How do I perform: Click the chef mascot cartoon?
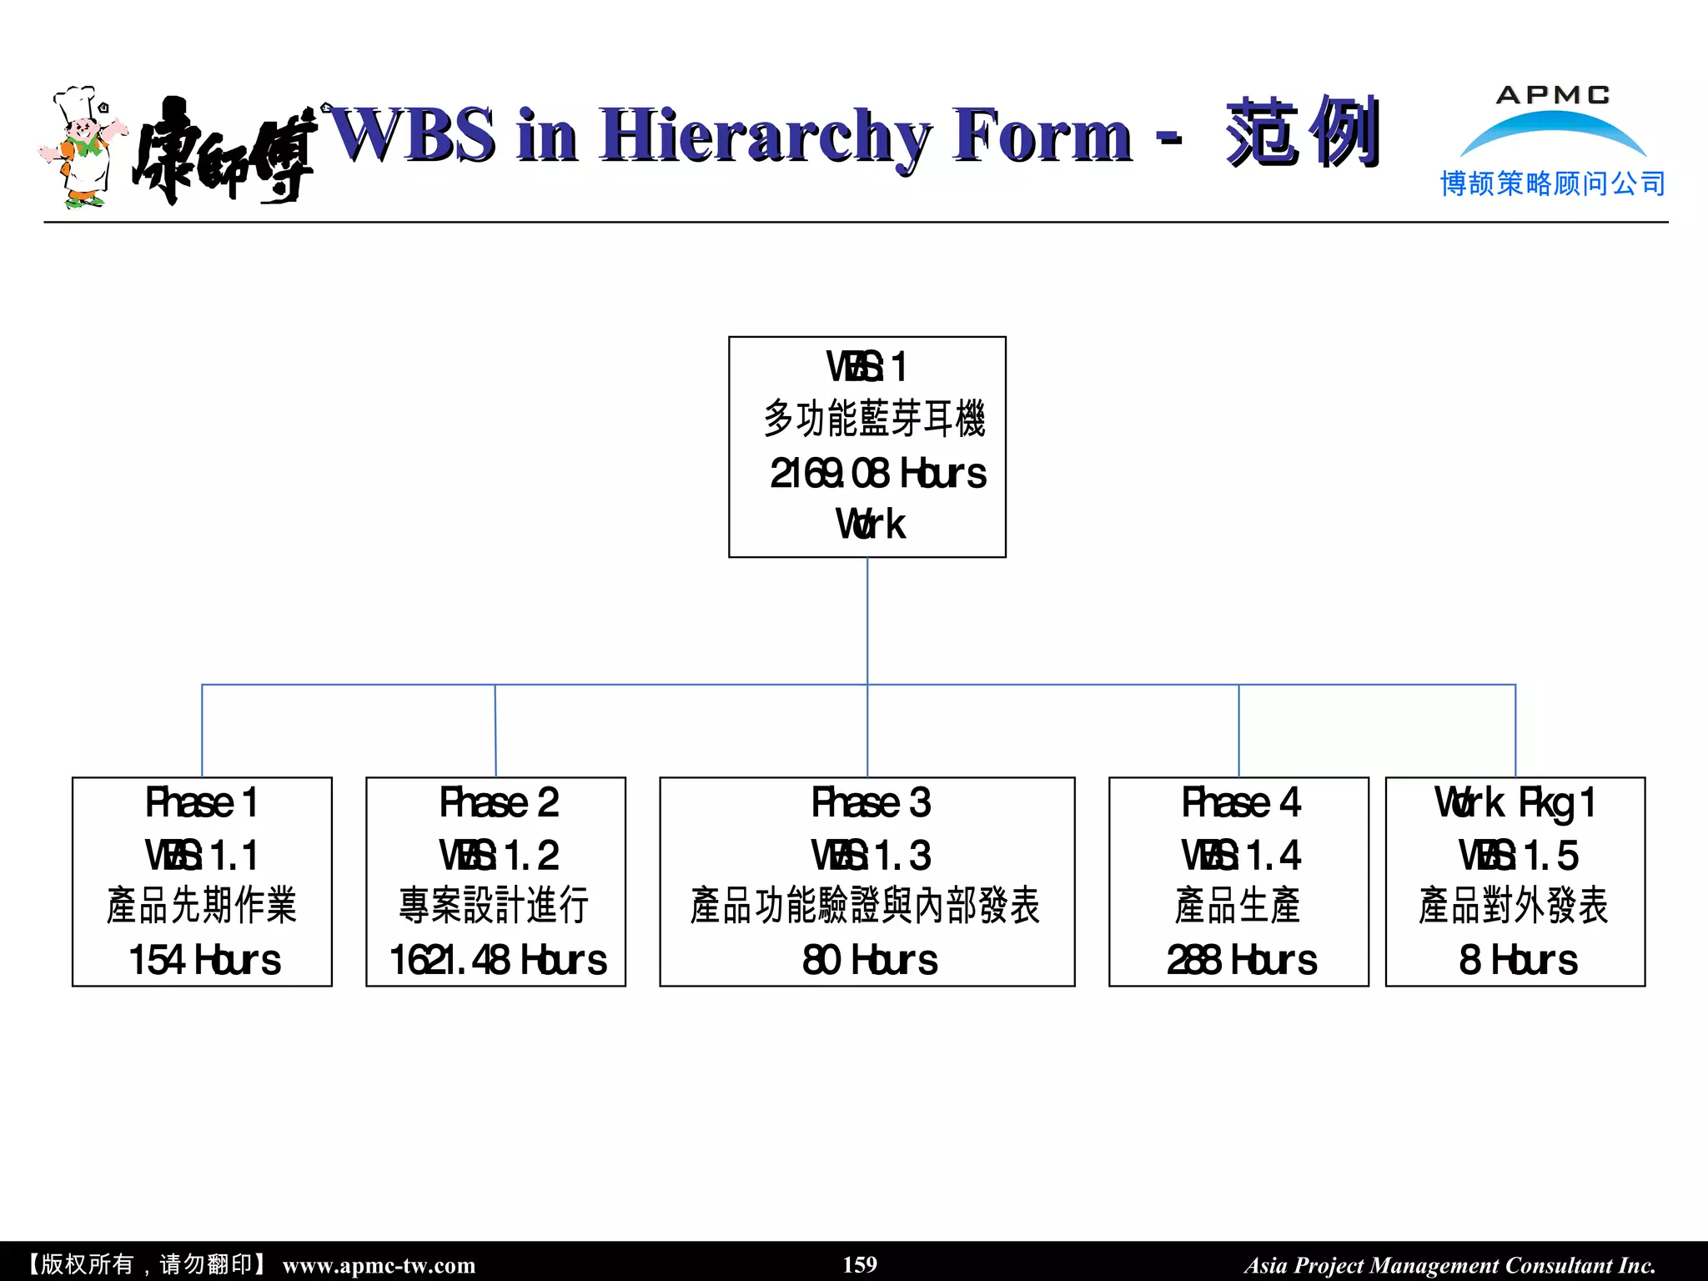[x=82, y=147]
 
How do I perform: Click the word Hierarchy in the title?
[x=764, y=135]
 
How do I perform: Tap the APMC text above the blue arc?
[x=1552, y=95]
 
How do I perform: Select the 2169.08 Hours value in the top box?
[x=877, y=474]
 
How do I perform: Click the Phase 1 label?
[x=201, y=803]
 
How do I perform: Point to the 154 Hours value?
[x=204, y=960]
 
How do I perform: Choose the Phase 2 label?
[x=499, y=803]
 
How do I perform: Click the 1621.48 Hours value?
[x=498, y=960]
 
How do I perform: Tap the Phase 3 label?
[x=871, y=803]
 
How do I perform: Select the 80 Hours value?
[x=870, y=960]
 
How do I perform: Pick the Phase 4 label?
[x=1241, y=803]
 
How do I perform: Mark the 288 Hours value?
[x=1241, y=960]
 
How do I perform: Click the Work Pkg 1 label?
[x=1515, y=803]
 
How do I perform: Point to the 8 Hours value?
[x=1518, y=960]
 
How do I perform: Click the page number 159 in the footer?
[x=860, y=1264]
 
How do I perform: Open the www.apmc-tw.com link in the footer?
[x=379, y=1265]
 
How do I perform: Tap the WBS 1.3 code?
[x=871, y=856]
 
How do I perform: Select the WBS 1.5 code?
[x=1518, y=856]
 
